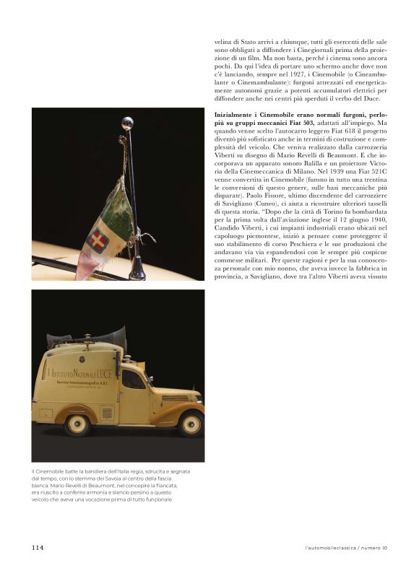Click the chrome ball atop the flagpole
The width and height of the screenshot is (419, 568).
[127, 122]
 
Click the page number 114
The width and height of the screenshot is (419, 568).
[38, 548]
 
